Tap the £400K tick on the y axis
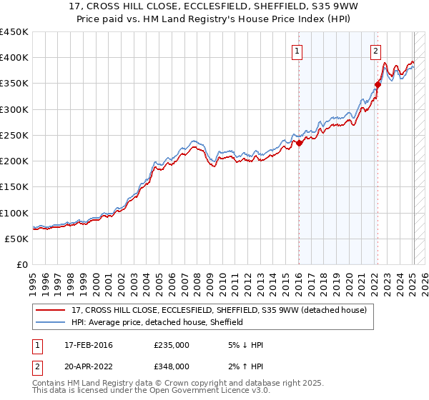pyautogui.click(x=14, y=58)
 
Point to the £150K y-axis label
pyautogui.click(x=14, y=187)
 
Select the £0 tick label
pyautogui.click(x=21, y=265)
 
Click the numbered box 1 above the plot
pyautogui.click(x=297, y=51)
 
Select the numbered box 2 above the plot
pyautogui.click(x=375, y=51)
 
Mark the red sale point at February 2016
pyautogui.click(x=300, y=143)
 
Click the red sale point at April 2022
pyautogui.click(x=378, y=85)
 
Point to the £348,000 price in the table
pyautogui.click(x=172, y=366)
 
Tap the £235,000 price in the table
pyautogui.click(x=172, y=345)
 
